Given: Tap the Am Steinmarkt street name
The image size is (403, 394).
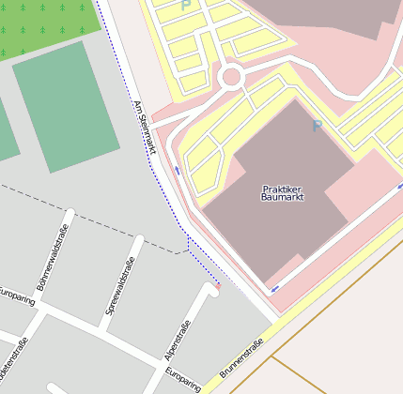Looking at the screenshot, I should point(144,127).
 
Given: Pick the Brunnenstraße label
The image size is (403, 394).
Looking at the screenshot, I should point(243,357).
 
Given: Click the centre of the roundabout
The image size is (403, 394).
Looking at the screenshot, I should point(231,77).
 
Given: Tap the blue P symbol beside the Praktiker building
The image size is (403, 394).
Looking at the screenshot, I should point(318,126).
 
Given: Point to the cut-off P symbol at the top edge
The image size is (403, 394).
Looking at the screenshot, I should point(185,5).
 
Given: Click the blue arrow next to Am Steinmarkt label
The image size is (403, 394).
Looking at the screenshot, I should point(177,171).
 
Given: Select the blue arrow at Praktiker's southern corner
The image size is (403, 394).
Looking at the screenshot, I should point(274,288).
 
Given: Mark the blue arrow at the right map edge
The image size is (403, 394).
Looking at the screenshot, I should point(399,187).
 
